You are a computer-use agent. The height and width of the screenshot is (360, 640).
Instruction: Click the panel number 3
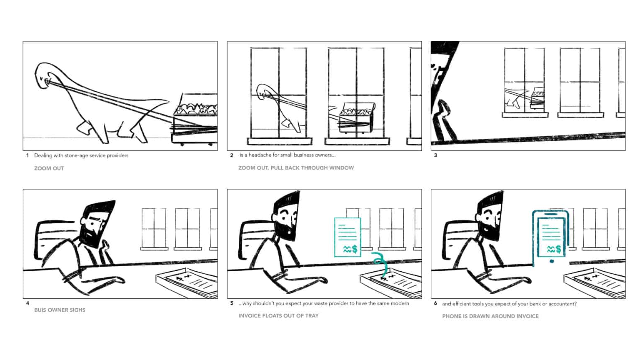(x=435, y=155)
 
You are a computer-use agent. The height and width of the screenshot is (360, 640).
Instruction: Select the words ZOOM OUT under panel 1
(x=49, y=168)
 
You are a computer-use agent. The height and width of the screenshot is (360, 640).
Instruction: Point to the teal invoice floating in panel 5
(x=348, y=237)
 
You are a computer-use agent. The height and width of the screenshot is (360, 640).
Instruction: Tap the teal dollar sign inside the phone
(x=558, y=249)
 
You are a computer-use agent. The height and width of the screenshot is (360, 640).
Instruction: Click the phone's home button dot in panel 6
(x=552, y=261)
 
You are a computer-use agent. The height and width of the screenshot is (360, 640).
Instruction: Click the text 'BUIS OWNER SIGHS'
(x=60, y=310)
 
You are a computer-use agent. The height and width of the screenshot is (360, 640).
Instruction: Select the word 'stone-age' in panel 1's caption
(x=75, y=155)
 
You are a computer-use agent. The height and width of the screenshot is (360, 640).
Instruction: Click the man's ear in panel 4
(x=83, y=221)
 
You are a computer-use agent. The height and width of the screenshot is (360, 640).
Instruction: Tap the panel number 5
(x=232, y=303)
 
